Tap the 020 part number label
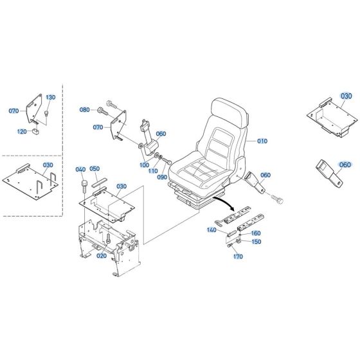[x=101, y=255]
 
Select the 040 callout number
[x=80, y=169]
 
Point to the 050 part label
[x=95, y=169]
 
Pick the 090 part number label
[x=162, y=177]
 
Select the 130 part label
[x=51, y=97]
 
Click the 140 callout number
[x=212, y=230]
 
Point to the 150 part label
[x=256, y=242]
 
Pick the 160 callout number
[x=256, y=233]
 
